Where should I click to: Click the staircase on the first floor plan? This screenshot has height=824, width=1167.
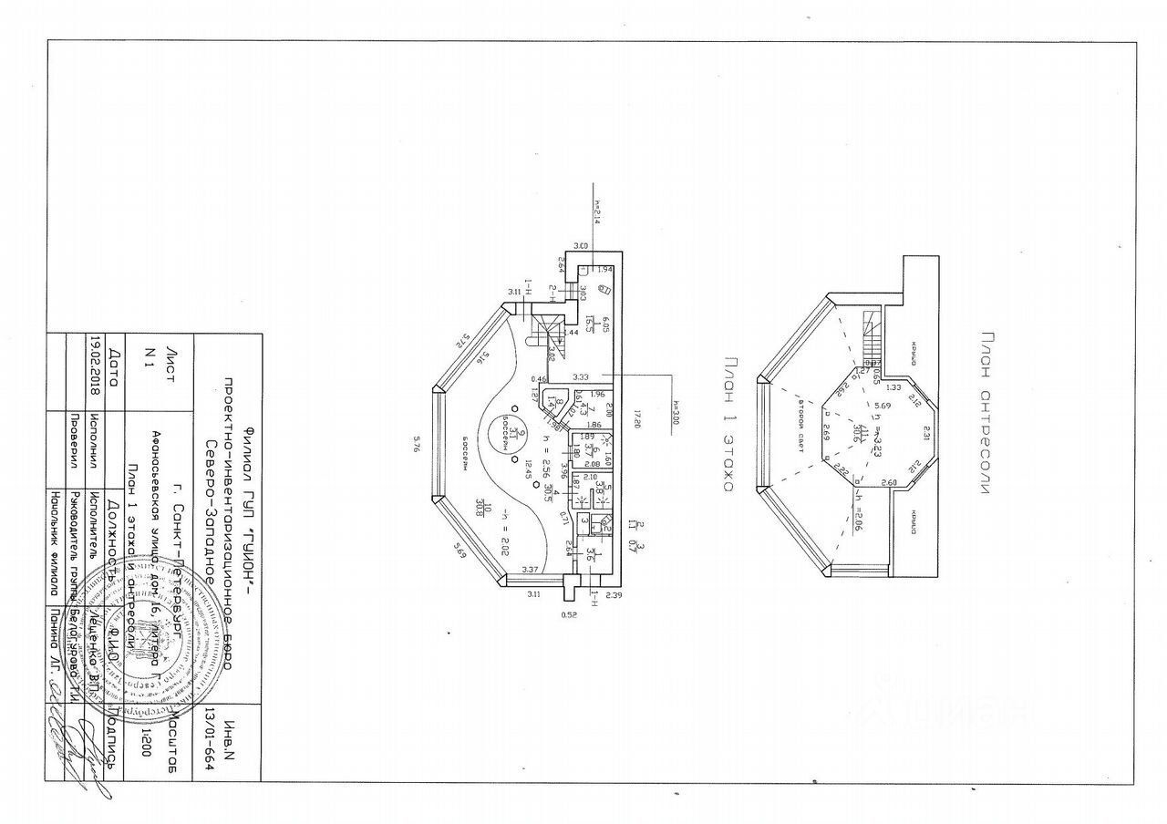pos(548,330)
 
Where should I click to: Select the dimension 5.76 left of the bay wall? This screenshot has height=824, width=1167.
pos(416,445)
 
